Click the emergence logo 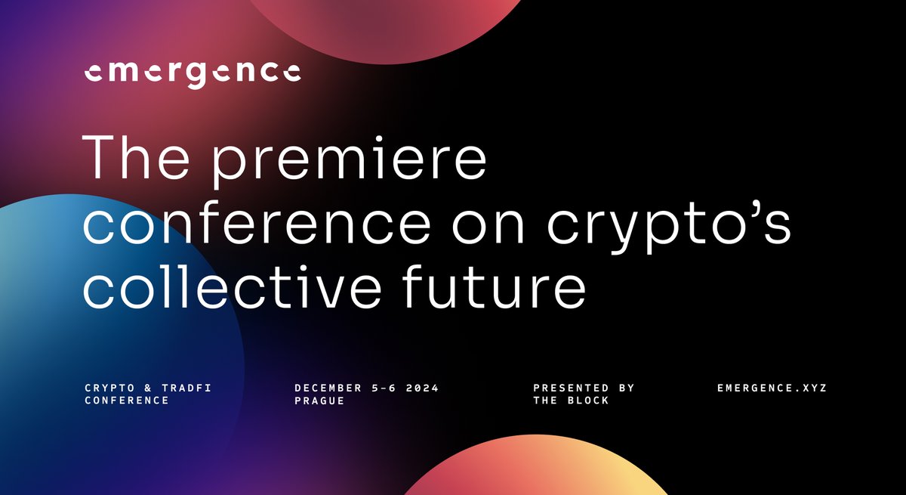(x=192, y=73)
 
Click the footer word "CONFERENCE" (x=127, y=401)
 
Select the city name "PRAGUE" (x=319, y=401)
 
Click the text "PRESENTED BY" (x=584, y=388)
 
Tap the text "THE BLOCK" (x=571, y=401)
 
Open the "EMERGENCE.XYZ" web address (x=772, y=388)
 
